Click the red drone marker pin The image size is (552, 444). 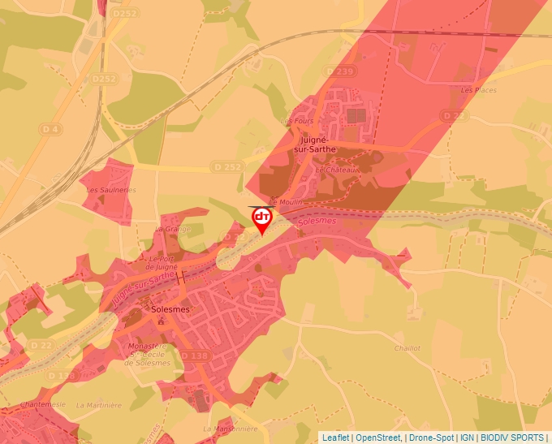[x=262, y=219]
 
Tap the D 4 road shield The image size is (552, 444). [x=50, y=129]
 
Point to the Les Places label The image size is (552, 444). [x=478, y=90]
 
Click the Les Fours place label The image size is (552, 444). [x=296, y=121]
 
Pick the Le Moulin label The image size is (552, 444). [x=284, y=201]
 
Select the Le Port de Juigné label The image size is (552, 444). [x=162, y=262]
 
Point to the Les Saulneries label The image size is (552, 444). [x=111, y=190]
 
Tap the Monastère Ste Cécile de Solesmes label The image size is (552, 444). [x=149, y=354]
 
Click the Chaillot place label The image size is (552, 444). [x=407, y=347]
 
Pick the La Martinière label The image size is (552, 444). [x=98, y=404]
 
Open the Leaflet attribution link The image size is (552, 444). [x=335, y=438]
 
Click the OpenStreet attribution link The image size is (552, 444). [x=378, y=438]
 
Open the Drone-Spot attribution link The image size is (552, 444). [x=430, y=438]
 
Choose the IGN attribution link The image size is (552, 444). [x=467, y=438]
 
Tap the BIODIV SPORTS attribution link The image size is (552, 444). [x=512, y=438]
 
